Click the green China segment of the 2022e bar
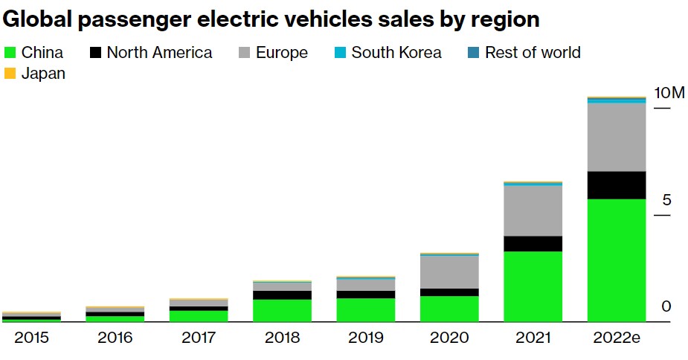click(617, 260)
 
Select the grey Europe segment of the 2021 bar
click(533, 210)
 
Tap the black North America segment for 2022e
click(617, 185)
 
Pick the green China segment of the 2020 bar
click(449, 309)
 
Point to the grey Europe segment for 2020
click(449, 272)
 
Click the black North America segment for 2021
click(533, 244)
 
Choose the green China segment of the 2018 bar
click(282, 310)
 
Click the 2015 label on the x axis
click(31, 338)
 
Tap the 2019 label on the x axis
click(365, 338)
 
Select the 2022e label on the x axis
click(617, 338)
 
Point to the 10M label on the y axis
click(669, 93)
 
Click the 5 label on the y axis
click(667, 200)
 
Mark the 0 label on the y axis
click(667, 306)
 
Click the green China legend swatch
click(10, 53)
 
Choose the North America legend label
click(159, 53)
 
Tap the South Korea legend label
click(396, 53)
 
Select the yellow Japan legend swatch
click(10, 74)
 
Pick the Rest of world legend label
click(533, 53)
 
